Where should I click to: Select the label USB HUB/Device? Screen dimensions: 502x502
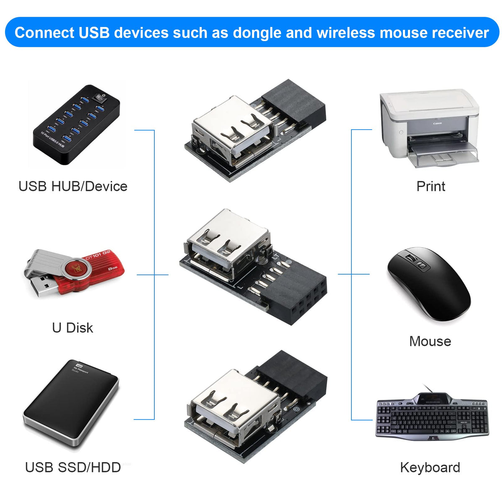[x=73, y=186]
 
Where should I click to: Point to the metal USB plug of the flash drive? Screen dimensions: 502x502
[x=42, y=287]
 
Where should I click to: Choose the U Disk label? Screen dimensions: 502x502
[x=72, y=328]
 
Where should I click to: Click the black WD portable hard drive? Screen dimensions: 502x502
[x=71, y=404]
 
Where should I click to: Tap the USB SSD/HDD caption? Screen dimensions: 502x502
[x=73, y=467]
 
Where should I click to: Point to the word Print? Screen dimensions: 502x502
[x=430, y=186]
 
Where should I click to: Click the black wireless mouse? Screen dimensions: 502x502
[x=429, y=284]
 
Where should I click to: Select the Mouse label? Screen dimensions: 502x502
[x=430, y=341]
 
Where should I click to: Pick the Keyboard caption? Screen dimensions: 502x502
[x=430, y=467]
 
